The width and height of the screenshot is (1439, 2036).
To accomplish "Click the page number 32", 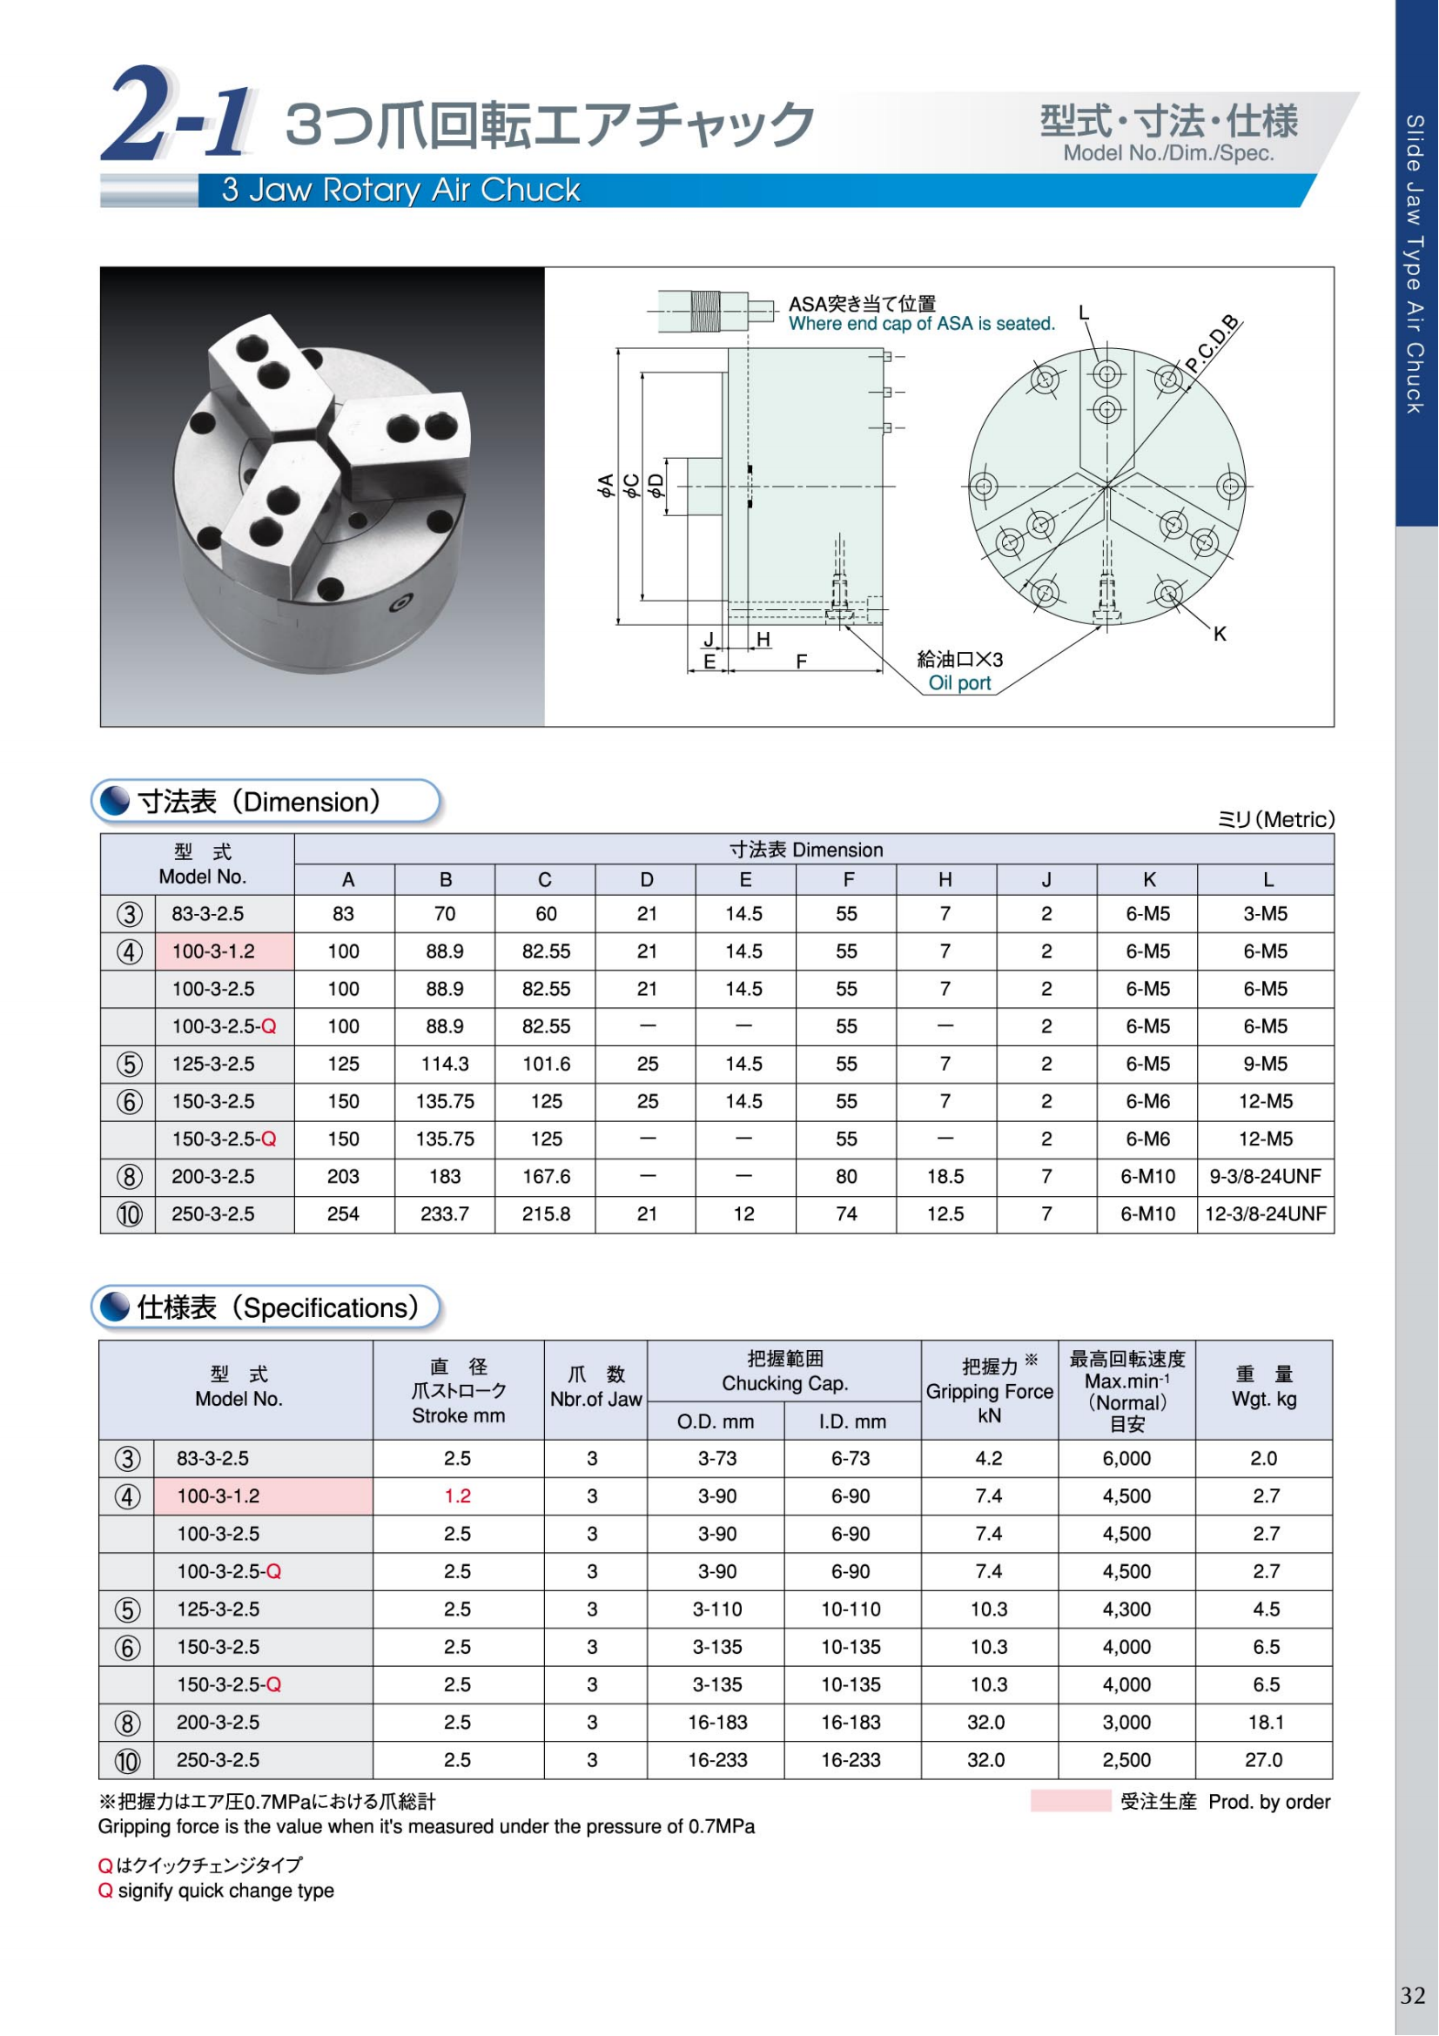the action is coord(1412,1995).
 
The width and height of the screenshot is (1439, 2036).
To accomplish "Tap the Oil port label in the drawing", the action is coord(959,682).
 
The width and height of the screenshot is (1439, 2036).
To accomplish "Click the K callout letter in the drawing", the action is coord(1220,634).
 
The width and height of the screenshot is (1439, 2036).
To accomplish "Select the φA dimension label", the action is coord(607,485).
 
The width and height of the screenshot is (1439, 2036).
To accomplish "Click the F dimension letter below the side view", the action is coord(802,662).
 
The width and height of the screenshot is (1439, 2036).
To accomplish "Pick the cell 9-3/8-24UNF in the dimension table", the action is coord(1265,1177).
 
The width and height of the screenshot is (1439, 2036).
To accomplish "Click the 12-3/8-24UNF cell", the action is coord(1265,1214).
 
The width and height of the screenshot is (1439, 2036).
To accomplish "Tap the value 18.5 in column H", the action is coord(945,1177).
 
